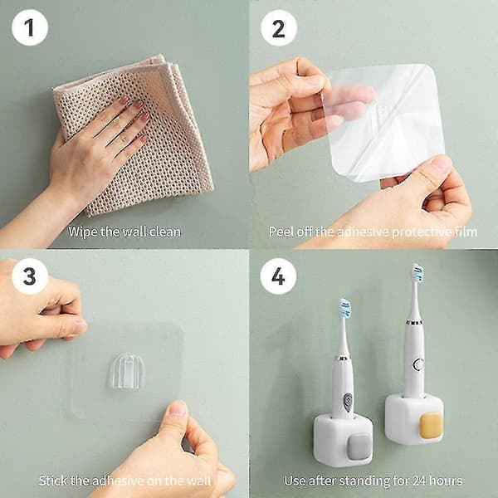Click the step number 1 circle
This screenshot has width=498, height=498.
click(30, 28)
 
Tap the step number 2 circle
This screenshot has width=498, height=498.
click(279, 28)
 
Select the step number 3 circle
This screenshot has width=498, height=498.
click(30, 276)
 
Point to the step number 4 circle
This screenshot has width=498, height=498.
click(278, 276)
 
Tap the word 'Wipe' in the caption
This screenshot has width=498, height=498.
click(82, 232)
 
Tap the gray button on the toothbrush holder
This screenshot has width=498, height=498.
click(360, 447)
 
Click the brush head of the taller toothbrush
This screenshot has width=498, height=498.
click(417, 273)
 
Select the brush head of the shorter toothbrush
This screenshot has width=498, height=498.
click(345, 308)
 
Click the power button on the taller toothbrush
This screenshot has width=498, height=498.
click(418, 364)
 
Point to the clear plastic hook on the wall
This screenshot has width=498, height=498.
click(127, 371)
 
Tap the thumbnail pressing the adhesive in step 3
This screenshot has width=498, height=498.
click(178, 408)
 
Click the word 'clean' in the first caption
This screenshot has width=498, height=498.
click(165, 232)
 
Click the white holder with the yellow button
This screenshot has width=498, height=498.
click(413, 418)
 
